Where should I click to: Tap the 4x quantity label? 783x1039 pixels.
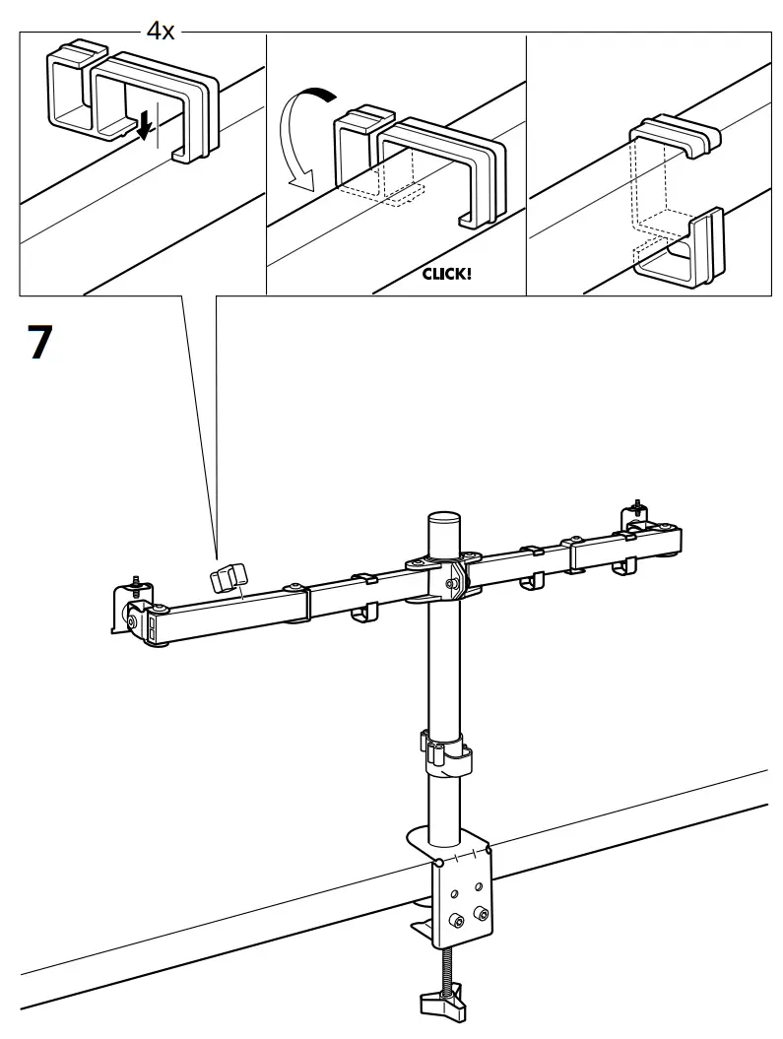click(160, 32)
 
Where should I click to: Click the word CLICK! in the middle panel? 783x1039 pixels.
click(446, 274)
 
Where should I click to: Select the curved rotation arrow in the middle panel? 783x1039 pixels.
click(301, 134)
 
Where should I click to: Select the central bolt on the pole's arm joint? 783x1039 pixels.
click(450, 583)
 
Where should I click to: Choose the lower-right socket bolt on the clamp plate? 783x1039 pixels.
click(480, 914)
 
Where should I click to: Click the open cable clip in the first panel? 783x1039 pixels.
click(133, 98)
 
